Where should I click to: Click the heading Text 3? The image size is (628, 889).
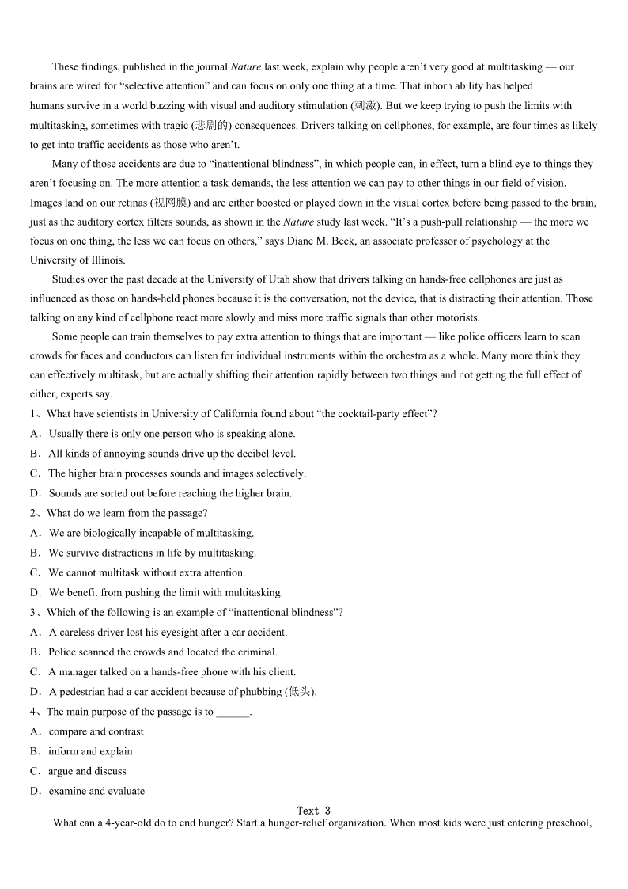pos(313,811)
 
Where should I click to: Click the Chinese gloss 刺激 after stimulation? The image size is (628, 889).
pos(366,106)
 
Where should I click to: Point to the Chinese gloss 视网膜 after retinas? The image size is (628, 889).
pos(177,203)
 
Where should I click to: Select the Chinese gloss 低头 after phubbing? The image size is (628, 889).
pos(301,692)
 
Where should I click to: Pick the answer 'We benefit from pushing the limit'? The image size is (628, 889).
pos(165,592)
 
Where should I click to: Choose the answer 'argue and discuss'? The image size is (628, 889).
pos(87,771)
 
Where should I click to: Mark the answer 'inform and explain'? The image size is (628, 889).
pos(90,751)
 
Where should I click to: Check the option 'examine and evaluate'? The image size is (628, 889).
pos(96,791)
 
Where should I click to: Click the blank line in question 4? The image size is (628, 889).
pos(232,712)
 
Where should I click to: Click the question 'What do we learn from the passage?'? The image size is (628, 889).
pos(127,513)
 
